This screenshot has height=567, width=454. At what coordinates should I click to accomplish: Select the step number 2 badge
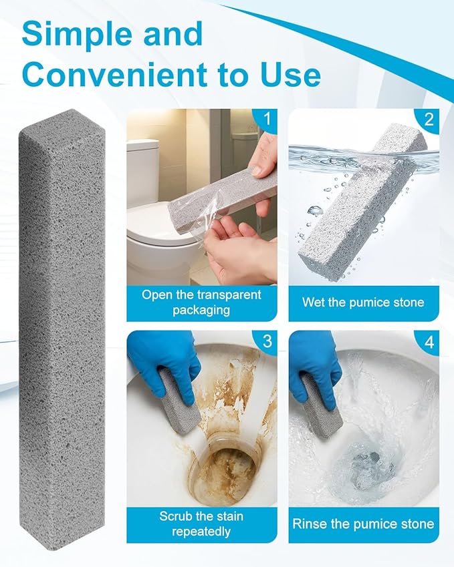point(429,120)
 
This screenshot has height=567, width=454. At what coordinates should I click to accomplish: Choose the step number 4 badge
point(429,341)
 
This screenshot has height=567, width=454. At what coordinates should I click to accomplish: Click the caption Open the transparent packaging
point(201,302)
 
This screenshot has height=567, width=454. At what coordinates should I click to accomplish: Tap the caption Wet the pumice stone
point(363,303)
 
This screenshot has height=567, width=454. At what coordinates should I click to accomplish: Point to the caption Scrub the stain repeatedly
point(201,524)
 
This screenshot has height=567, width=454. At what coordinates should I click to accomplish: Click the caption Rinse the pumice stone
point(363,524)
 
